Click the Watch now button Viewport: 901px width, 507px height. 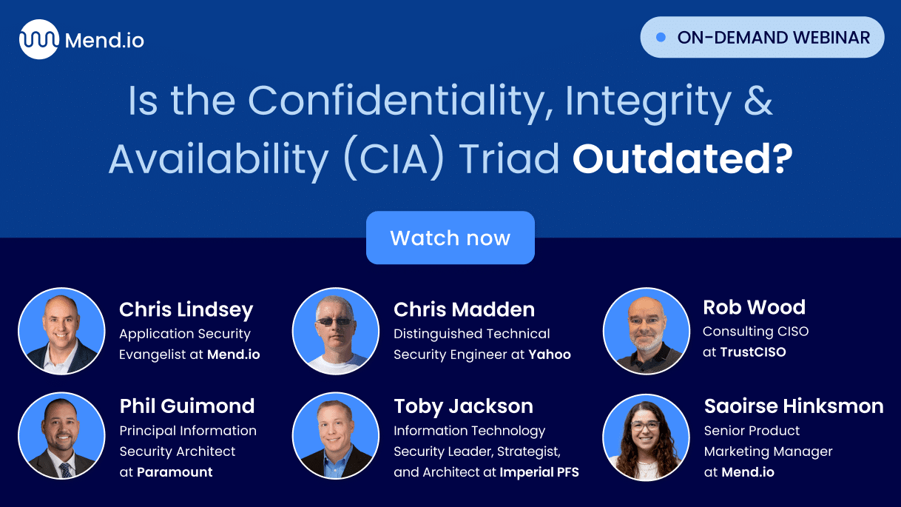(x=450, y=238)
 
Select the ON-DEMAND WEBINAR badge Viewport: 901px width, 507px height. (x=762, y=38)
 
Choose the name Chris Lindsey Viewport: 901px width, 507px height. (x=186, y=309)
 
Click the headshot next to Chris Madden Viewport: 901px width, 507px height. (x=336, y=330)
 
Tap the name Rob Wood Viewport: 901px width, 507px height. (x=754, y=306)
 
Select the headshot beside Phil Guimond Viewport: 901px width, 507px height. (x=61, y=435)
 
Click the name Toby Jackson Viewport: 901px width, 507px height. (x=463, y=406)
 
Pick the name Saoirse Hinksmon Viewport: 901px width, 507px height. (x=794, y=406)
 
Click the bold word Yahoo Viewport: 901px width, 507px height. (x=550, y=355)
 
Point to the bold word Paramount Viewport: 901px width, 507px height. (x=175, y=472)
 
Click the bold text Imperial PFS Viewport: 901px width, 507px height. (x=539, y=472)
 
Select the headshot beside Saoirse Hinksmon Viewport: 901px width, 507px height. (x=646, y=436)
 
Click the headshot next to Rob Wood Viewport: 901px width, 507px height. (x=646, y=330)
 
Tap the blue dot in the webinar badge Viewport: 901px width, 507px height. (x=661, y=37)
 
